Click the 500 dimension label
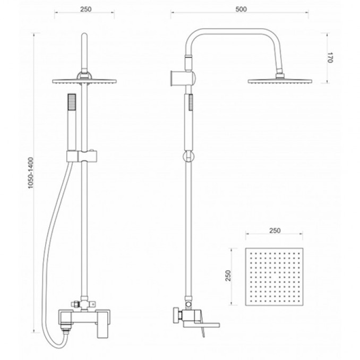coord(241,9)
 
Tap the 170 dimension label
coord(329,58)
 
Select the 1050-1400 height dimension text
coord(31,173)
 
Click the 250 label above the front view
coord(86,9)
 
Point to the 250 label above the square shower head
coord(275,230)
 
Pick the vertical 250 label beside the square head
coord(228,276)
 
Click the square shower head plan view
coord(275,277)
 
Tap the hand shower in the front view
coord(72,122)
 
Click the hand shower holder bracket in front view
coord(82,156)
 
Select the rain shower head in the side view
coord(280,81)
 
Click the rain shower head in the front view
coord(84,81)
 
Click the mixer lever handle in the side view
coord(202,326)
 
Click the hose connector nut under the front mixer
coord(66,331)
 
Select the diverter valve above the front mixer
coord(83,304)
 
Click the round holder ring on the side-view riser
coord(188,157)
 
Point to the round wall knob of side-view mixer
coord(177,315)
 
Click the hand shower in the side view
coord(188,122)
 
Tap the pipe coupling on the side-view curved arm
coord(188,62)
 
